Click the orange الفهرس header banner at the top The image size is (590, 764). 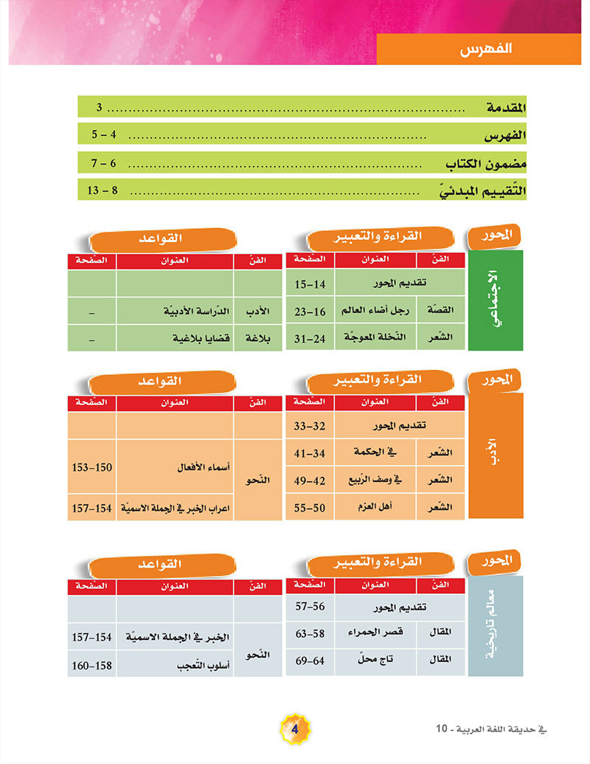click(479, 50)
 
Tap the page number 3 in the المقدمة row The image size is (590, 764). click(100, 108)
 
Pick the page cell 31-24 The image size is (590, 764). click(310, 337)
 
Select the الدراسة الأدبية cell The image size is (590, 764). click(175, 311)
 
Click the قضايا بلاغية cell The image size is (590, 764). click(175, 337)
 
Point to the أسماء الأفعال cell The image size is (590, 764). click(175, 468)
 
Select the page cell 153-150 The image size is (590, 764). click(92, 468)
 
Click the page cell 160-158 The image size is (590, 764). click(92, 665)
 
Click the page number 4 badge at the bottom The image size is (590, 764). click(295, 729)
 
